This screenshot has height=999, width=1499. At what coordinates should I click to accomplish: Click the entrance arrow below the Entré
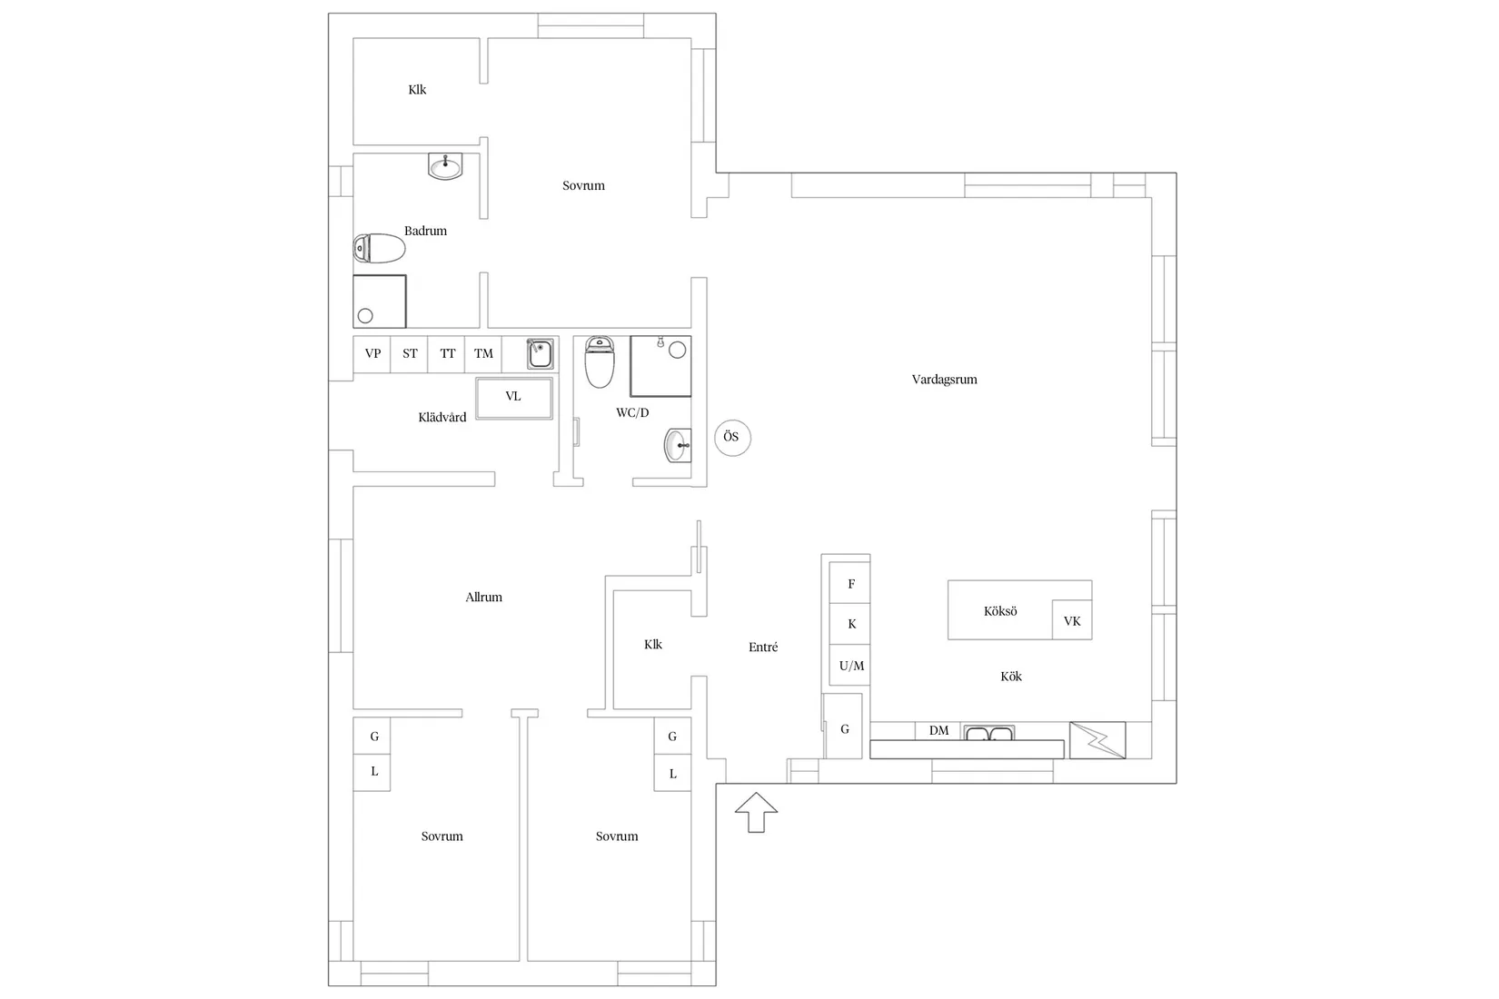[756, 812]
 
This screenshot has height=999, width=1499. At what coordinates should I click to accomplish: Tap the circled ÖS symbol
[732, 438]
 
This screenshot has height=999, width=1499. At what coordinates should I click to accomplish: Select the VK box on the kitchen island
[1072, 620]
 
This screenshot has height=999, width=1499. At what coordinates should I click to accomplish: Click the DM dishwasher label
[938, 731]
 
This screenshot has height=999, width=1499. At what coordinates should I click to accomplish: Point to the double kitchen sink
[989, 733]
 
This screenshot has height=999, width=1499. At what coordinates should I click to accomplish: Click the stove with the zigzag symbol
[1097, 740]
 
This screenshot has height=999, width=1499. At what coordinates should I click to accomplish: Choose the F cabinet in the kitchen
[849, 583]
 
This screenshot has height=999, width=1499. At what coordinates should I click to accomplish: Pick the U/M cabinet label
[851, 666]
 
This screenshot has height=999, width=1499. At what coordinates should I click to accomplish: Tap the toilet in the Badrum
[379, 248]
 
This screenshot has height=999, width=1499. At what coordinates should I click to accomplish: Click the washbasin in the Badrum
[445, 166]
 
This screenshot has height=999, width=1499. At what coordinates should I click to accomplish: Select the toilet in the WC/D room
[600, 362]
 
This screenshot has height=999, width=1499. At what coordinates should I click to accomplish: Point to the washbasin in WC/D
[678, 446]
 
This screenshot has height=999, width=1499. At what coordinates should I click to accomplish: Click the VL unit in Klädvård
[514, 398]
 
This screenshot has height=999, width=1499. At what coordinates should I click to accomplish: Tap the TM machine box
[483, 354]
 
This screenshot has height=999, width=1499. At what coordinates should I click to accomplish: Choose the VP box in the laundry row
[372, 354]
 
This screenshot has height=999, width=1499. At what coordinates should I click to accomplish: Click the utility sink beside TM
[540, 353]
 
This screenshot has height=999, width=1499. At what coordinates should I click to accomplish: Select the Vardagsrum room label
[944, 380]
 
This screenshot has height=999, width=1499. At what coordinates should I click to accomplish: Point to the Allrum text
[484, 597]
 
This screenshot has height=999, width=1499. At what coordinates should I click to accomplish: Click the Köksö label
[1000, 611]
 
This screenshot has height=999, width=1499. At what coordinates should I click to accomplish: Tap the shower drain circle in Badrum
[365, 316]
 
